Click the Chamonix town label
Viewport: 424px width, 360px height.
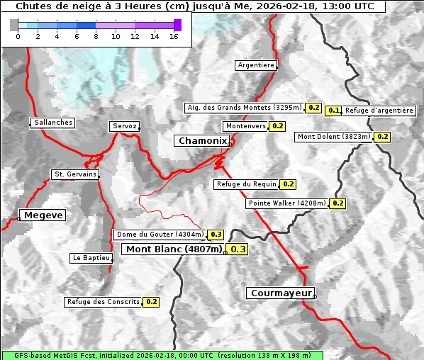(202, 141)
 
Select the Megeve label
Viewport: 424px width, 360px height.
(43, 215)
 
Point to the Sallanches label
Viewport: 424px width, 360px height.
(52, 123)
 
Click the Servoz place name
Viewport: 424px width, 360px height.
(125, 126)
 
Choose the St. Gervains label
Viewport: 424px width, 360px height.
(75, 174)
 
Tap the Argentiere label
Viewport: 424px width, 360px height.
(256, 65)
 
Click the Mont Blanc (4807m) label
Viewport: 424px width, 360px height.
(174, 249)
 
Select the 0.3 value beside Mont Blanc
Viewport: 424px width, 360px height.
(238, 249)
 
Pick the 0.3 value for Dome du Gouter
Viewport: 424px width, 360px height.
(216, 235)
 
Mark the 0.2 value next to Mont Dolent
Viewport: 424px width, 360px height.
(383, 137)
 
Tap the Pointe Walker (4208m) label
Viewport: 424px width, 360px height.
(286, 203)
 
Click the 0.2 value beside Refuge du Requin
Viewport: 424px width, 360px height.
(288, 184)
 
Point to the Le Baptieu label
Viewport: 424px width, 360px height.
(91, 258)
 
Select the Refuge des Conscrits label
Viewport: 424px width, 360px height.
(103, 302)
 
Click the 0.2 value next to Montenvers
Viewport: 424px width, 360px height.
(278, 126)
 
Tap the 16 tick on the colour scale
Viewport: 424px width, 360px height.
(174, 36)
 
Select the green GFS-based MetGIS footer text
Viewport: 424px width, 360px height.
(162, 355)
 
